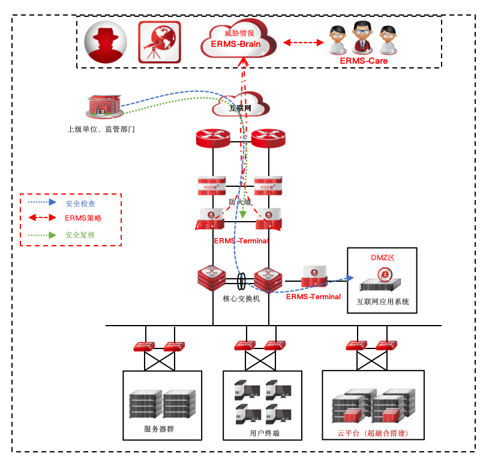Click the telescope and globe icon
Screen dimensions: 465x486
[x=159, y=42]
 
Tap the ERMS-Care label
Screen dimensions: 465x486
[x=364, y=61]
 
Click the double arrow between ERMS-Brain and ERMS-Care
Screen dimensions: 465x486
[x=303, y=43]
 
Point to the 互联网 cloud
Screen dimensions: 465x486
[x=239, y=107]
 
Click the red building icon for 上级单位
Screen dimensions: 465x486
[x=104, y=107]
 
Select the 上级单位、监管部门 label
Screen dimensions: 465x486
[x=101, y=129]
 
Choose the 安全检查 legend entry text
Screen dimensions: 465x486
[x=80, y=204]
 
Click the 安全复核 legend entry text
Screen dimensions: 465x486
[x=80, y=235]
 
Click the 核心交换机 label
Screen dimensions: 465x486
[x=241, y=298]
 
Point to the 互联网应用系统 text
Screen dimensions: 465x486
[x=383, y=302]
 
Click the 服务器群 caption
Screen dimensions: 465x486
[x=159, y=429]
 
